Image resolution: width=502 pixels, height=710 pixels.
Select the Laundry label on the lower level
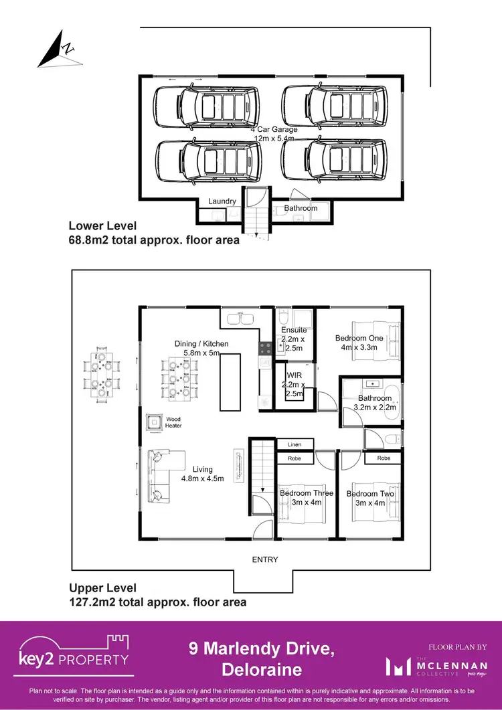pos(222,201)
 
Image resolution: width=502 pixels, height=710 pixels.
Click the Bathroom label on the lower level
pos(301,208)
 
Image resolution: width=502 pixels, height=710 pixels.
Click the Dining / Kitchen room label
pos(201,344)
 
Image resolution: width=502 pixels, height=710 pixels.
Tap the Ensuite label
pos(294,330)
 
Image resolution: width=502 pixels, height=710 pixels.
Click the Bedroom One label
pos(359,339)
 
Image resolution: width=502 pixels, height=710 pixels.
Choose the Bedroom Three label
pos(306,493)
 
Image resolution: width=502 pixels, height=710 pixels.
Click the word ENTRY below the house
pos(265,559)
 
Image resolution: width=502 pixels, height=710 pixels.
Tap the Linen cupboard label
pos(295,444)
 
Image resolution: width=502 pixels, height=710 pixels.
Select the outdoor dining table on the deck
pos(101,373)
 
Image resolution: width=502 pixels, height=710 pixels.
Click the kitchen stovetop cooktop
pos(265,348)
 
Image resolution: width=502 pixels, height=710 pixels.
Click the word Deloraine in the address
pos(261,669)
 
